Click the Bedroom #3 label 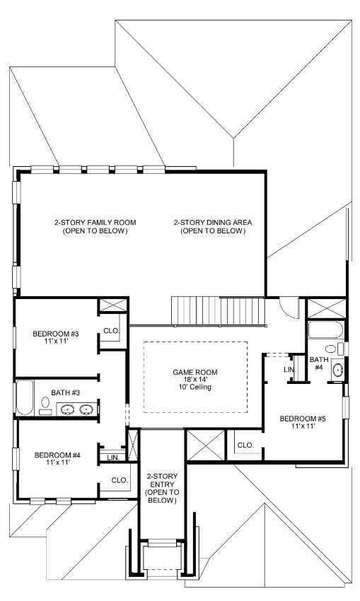(55, 337)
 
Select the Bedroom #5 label (302, 422)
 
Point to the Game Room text (195, 380)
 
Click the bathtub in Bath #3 (24, 398)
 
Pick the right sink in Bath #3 (87, 409)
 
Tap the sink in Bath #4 (338, 369)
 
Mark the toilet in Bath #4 (331, 349)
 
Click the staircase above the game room (217, 310)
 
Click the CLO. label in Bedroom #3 (111, 330)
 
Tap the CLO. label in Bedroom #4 (119, 480)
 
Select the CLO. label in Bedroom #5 (245, 445)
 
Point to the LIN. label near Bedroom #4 (112, 458)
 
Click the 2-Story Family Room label (95, 226)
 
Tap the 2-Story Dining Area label (213, 226)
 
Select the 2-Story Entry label (161, 488)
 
